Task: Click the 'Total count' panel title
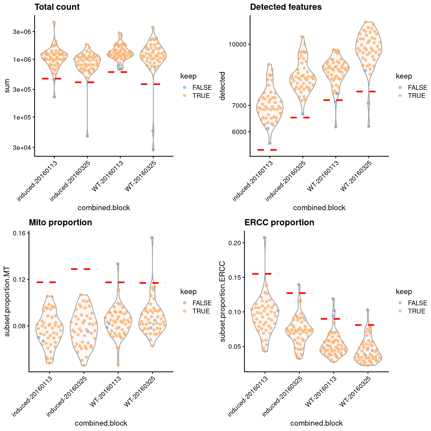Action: pos(57,7)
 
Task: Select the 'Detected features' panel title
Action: pos(286,7)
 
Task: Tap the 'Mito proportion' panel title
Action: pos(60,223)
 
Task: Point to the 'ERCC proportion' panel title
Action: pos(279,223)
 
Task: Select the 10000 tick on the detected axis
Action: pos(238,44)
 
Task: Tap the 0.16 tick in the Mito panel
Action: pos(19,233)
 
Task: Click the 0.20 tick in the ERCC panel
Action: pos(235,243)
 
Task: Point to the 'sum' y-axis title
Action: pos(8,86)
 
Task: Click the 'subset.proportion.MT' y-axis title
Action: pos(8,301)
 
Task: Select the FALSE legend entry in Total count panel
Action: pos(202,88)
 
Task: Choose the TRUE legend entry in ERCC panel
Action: pos(417,311)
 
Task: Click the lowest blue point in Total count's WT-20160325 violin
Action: pos(153,150)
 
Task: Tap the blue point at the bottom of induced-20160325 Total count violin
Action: pos(87,136)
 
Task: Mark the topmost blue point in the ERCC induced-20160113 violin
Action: pos(264,238)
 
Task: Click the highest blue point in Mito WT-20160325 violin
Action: pos(152,237)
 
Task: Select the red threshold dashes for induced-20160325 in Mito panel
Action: pos(84,269)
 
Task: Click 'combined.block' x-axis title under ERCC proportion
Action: pos(316,423)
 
